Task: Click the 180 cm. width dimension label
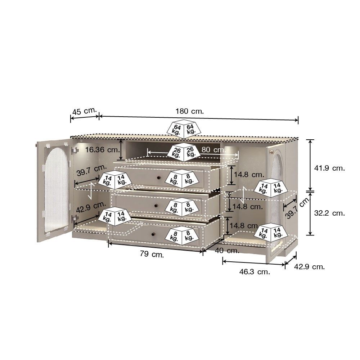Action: click(190, 111)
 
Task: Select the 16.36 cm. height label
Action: click(103, 150)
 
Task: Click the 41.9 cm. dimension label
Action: click(329, 168)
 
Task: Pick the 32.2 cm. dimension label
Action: click(329, 213)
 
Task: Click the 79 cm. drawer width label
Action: click(152, 254)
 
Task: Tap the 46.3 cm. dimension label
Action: click(255, 272)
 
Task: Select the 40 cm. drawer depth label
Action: click(227, 251)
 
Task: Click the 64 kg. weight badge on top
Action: click(184, 129)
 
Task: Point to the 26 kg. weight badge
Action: click(184, 152)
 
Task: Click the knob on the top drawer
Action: click(158, 177)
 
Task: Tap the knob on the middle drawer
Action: click(156, 206)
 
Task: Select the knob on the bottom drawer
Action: click(153, 234)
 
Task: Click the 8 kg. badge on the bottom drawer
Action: click(182, 236)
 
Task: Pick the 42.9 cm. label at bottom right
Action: click(310, 267)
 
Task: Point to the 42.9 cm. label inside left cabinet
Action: click(91, 207)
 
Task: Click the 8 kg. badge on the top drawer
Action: click(182, 179)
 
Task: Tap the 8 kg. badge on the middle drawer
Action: click(182, 207)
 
